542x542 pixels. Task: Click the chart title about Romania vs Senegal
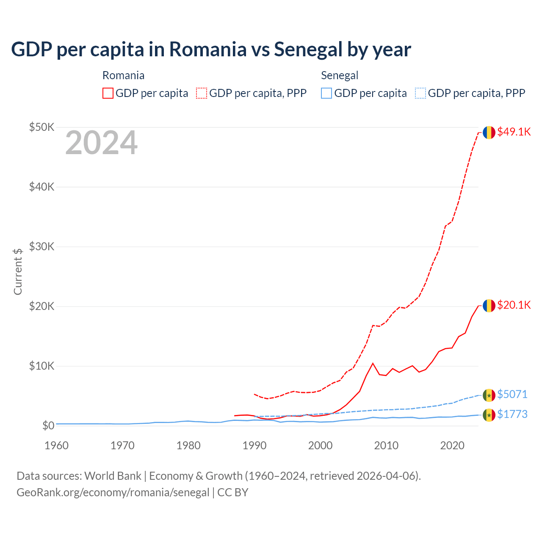click(x=211, y=49)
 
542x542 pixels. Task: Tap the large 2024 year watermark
click(x=101, y=143)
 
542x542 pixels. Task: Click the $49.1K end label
click(x=514, y=132)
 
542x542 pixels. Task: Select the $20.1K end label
click(x=514, y=305)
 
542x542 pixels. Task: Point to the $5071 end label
click(x=512, y=394)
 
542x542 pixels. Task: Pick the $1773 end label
click(x=512, y=414)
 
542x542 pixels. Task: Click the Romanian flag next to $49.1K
click(x=489, y=132)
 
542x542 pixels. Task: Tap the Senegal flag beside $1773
click(x=489, y=415)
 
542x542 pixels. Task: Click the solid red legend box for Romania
click(x=108, y=93)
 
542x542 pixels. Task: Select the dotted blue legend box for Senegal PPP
click(x=420, y=93)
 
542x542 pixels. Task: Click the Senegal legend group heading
click(x=340, y=75)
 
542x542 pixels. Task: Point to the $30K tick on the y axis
click(x=41, y=246)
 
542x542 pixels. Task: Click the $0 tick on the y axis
click(x=48, y=426)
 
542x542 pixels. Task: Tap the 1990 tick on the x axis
click(x=254, y=445)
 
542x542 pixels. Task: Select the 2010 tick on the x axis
click(x=386, y=445)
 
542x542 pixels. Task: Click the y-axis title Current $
click(x=18, y=271)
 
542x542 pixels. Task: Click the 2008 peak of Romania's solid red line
click(x=373, y=363)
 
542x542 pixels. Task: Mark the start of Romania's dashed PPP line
click(x=254, y=394)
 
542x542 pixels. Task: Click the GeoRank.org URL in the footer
click(x=113, y=492)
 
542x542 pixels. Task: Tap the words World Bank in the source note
click(x=113, y=476)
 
